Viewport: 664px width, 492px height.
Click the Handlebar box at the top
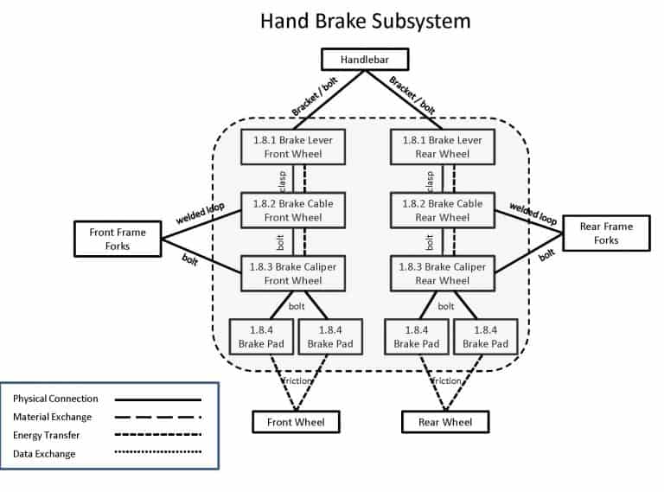(x=364, y=60)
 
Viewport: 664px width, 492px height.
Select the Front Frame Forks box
(x=118, y=239)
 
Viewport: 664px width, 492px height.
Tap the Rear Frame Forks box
(x=606, y=233)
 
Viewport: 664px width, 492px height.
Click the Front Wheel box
(x=295, y=422)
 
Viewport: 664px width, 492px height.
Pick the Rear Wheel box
(x=445, y=422)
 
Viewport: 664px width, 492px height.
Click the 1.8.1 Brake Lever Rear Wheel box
(x=442, y=147)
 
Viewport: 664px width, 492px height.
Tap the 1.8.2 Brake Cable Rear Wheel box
(x=442, y=210)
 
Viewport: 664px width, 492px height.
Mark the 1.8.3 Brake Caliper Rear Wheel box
(x=442, y=273)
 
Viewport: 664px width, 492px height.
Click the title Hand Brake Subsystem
(x=365, y=20)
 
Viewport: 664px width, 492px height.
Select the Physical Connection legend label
(x=55, y=399)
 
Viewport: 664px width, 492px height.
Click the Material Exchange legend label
(x=53, y=418)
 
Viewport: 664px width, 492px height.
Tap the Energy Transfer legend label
(x=48, y=436)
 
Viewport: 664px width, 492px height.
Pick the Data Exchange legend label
(x=44, y=454)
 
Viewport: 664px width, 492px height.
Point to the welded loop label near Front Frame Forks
(x=200, y=214)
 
